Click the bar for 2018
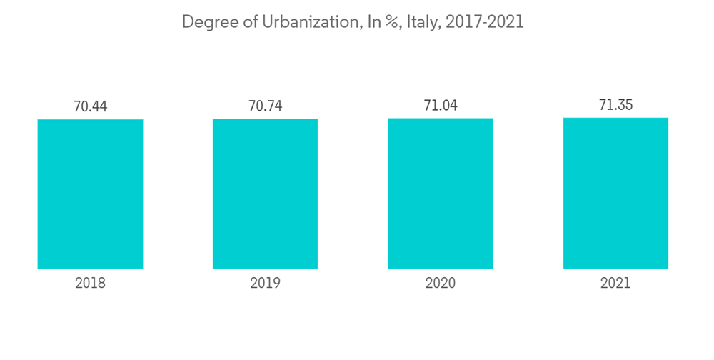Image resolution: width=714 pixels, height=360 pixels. coord(90,194)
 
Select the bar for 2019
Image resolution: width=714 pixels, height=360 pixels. coord(265,194)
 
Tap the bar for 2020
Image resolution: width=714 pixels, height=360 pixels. coord(440,193)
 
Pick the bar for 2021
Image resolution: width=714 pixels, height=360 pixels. coord(615,193)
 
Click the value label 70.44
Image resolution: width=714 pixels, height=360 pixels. coord(90,106)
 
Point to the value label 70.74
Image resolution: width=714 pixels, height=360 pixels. coord(265,106)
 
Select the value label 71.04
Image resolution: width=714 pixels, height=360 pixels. coord(440,105)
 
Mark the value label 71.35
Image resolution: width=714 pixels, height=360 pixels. coord(615,105)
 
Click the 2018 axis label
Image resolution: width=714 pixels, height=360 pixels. coord(90,283)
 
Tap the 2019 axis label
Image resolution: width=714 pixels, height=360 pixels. coord(265,283)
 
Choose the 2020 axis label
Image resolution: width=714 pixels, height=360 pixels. coord(440,283)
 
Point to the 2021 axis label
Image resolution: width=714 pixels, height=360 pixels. coord(615,283)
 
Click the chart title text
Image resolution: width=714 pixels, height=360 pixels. coord(353,22)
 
